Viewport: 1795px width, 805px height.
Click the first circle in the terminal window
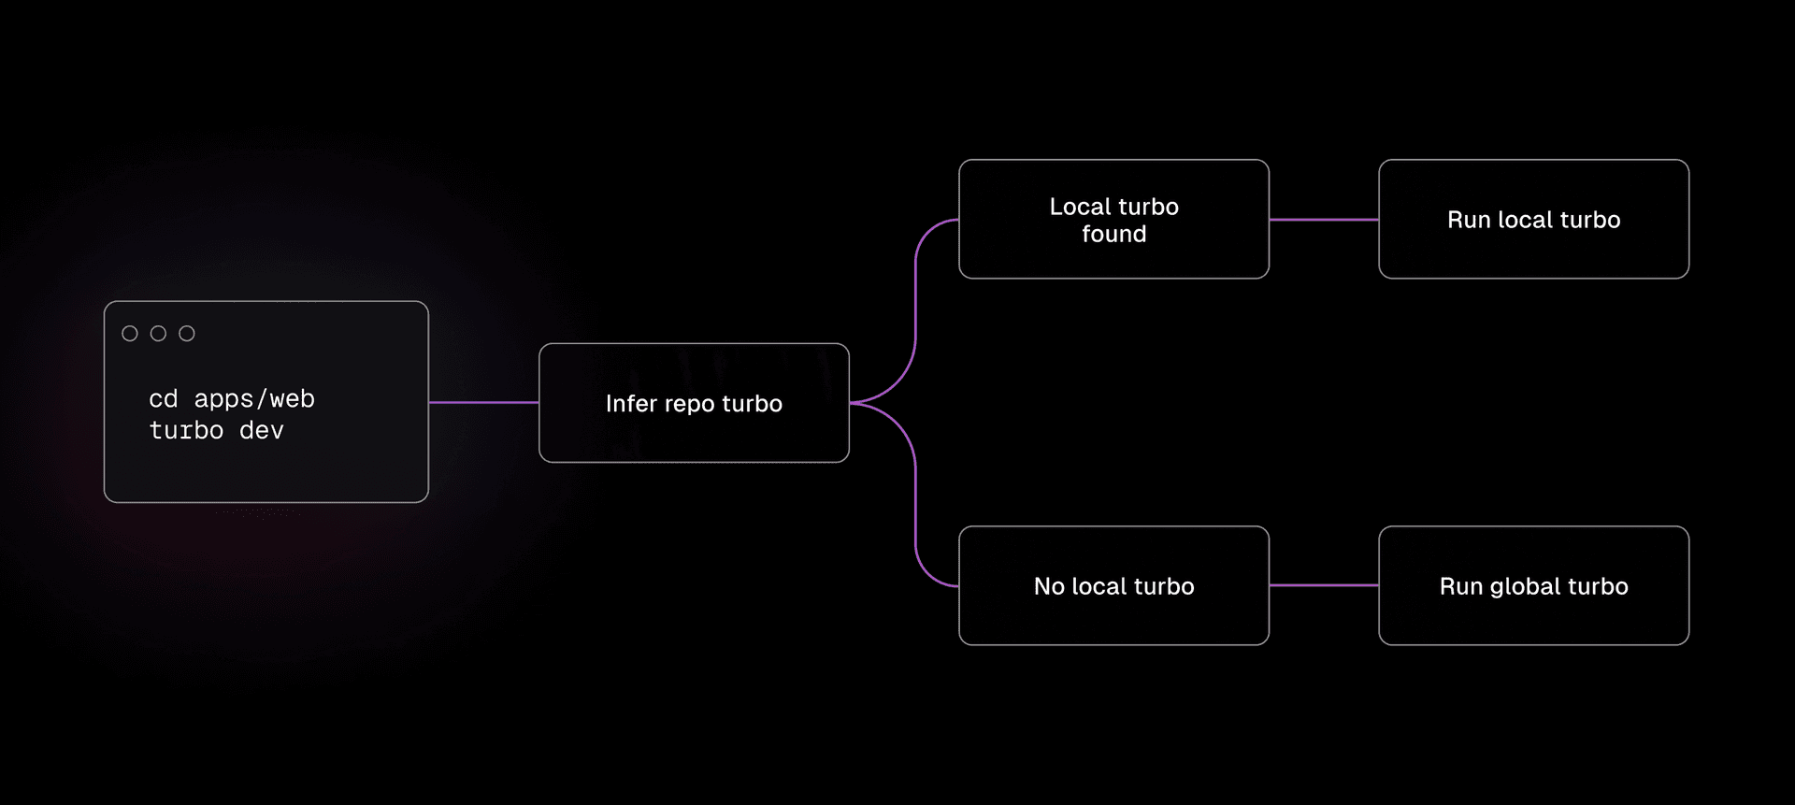tap(130, 334)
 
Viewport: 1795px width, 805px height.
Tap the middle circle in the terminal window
tap(159, 334)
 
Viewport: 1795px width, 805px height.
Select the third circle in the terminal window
tap(187, 334)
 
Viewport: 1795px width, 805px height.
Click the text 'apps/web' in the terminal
tap(254, 399)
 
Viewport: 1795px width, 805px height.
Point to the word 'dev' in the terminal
tap(262, 431)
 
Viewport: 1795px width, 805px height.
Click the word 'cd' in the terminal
tap(164, 399)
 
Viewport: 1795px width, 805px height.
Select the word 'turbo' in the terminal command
tap(187, 431)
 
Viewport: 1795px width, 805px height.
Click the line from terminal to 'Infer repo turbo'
tap(483, 403)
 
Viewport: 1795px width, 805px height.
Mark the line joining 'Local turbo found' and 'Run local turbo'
tap(1324, 220)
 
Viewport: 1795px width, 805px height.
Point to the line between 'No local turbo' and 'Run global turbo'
tap(1324, 586)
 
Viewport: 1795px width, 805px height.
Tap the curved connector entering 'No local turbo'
tap(916, 524)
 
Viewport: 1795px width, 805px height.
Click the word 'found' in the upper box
tap(1113, 234)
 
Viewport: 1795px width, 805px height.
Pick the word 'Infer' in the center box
tap(631, 404)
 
